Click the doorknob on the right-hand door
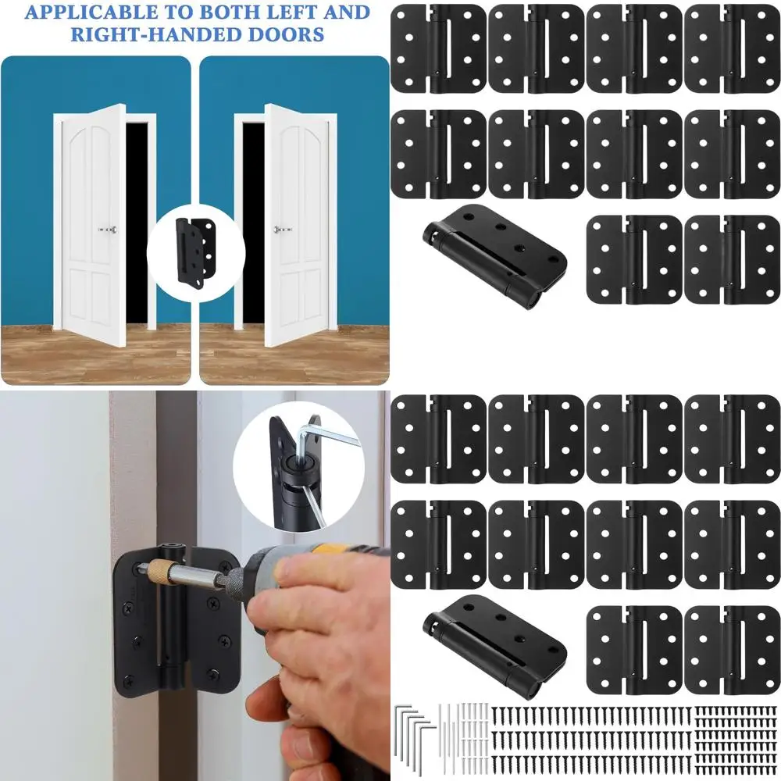(x=282, y=230)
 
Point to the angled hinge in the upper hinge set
(x=495, y=256)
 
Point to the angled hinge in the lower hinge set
(x=495, y=647)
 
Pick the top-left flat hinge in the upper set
(x=438, y=48)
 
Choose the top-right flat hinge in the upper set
(x=733, y=48)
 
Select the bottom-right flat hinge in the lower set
(x=733, y=651)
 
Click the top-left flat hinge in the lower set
(x=438, y=439)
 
